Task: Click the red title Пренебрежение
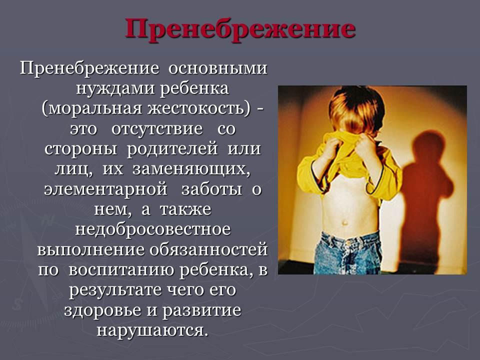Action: (x=240, y=29)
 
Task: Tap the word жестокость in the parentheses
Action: (x=198, y=109)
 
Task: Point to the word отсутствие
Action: (x=157, y=129)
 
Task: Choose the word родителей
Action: (x=172, y=149)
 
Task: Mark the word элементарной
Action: (x=105, y=189)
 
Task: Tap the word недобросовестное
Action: (x=153, y=229)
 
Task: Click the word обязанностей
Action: (x=208, y=250)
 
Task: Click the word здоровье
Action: (x=102, y=310)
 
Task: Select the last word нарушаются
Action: (x=150, y=330)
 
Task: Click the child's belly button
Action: (x=345, y=222)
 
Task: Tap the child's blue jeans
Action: (x=348, y=252)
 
